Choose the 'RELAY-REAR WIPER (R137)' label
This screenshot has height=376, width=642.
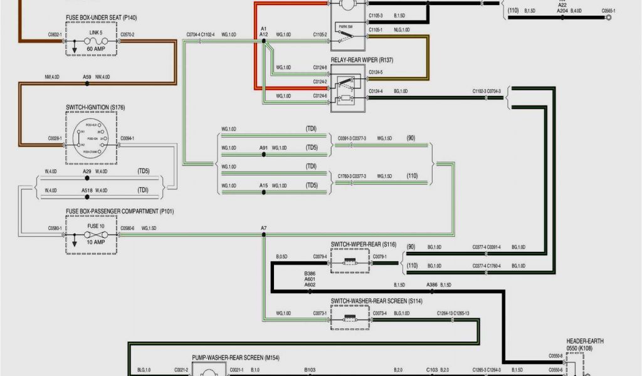coord(362,60)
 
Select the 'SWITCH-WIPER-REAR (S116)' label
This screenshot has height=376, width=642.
coord(364,244)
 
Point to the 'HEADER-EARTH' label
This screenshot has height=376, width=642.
coord(585,341)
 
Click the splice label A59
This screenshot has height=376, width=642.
coord(87,76)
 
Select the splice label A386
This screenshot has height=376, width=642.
coord(432,285)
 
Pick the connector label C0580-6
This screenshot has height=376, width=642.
coord(127,228)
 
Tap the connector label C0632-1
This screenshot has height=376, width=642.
coord(55,34)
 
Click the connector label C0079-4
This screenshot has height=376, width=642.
coord(320,256)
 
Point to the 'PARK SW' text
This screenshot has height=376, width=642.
coord(345,26)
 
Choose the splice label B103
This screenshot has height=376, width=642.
coord(310,370)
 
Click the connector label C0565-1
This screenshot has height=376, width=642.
coord(608,11)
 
